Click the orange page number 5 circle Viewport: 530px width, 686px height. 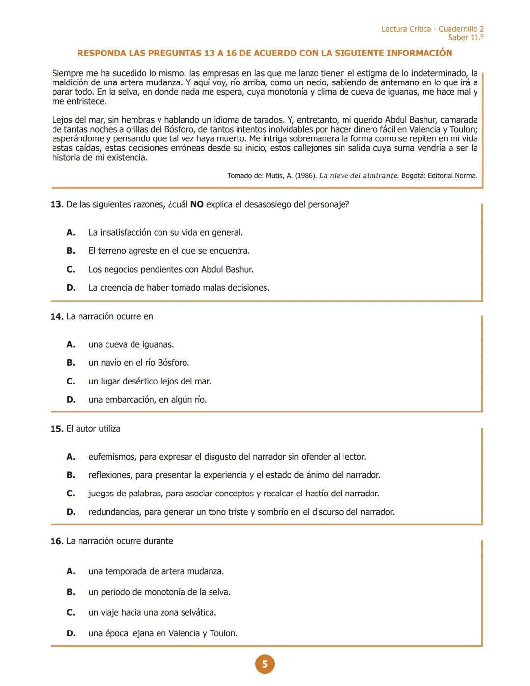point(265,664)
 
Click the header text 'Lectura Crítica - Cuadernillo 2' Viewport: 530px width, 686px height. point(432,29)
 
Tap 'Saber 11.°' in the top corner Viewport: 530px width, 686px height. point(465,38)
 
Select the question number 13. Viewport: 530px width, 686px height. point(57,204)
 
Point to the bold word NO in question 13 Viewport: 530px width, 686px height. point(197,204)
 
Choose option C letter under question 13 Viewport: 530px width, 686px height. point(71,269)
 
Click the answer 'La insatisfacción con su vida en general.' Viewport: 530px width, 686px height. point(165,232)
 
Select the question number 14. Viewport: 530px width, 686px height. point(57,316)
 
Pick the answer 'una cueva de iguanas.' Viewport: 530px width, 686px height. point(131,344)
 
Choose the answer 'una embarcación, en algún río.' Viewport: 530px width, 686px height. point(147,399)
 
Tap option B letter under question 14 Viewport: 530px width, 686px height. point(71,362)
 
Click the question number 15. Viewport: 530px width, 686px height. point(57,429)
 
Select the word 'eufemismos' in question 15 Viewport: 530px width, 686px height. point(111,457)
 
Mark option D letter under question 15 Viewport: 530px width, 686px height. point(71,512)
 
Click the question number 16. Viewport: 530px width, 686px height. point(57,541)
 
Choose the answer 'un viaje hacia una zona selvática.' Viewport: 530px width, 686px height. point(152,612)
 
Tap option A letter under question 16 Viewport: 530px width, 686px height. point(71,571)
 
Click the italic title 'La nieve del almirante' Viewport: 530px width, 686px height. point(358,176)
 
